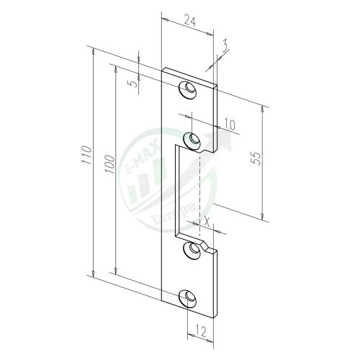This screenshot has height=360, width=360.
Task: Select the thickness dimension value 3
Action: tap(225, 47)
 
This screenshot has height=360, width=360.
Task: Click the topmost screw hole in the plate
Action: tap(189, 89)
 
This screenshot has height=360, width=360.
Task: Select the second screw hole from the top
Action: tap(193, 137)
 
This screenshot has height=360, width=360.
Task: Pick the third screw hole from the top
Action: tap(193, 250)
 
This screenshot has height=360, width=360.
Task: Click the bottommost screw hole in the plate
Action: tap(189, 297)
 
